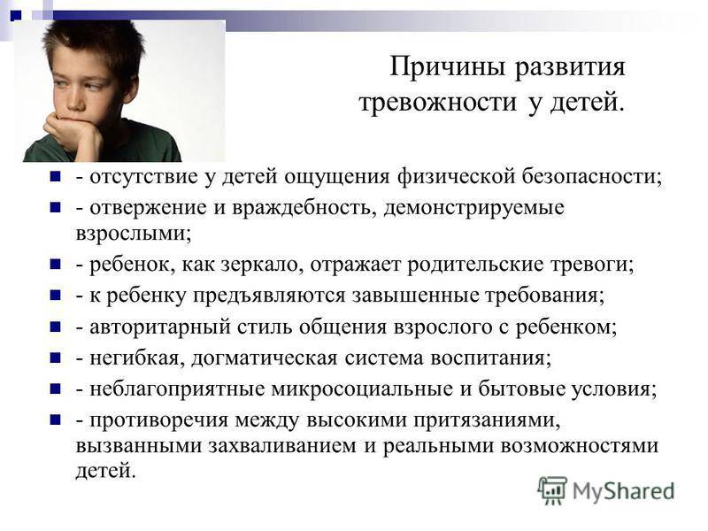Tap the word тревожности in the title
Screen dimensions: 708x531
[x=437, y=102]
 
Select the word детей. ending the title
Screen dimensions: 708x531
[x=588, y=102]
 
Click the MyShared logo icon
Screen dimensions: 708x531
[x=551, y=490]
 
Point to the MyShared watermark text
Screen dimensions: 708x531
[x=623, y=491]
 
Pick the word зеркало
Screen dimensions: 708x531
[x=261, y=265]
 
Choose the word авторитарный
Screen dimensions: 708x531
[x=160, y=327]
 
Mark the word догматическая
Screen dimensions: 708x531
[x=264, y=358]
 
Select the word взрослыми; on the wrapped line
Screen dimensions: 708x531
[x=134, y=234]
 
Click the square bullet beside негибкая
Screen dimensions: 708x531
[x=55, y=358]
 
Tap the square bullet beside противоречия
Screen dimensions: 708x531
[x=55, y=420]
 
